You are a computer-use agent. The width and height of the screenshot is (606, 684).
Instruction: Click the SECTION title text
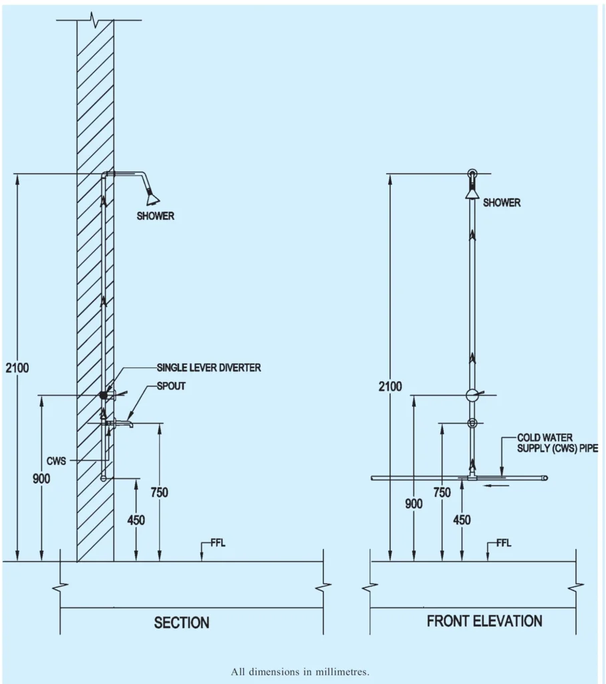[x=182, y=623]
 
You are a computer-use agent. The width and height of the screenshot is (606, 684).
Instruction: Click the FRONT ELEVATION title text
[x=484, y=621]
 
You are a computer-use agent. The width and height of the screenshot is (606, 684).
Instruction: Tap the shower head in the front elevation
[x=472, y=192]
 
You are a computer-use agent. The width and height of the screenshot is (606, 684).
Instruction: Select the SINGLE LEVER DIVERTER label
[x=208, y=367]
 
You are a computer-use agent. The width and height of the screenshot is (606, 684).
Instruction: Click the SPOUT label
[x=171, y=386]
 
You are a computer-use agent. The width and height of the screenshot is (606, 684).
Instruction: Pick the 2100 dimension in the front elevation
[x=390, y=386]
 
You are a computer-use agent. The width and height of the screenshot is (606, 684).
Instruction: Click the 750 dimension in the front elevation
[x=442, y=492]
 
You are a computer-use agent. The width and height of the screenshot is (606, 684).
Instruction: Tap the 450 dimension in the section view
[x=136, y=520]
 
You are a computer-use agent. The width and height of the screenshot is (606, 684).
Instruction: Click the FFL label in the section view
[x=218, y=543]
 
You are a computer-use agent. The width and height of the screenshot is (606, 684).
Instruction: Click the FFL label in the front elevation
[x=504, y=543]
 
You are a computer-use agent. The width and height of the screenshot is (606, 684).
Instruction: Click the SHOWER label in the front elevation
[x=501, y=202]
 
